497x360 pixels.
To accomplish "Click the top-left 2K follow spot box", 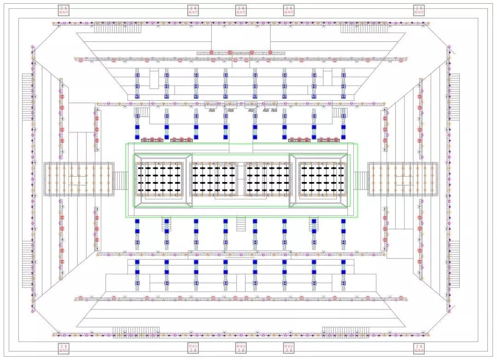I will (64, 11).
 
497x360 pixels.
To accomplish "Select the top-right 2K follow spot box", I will (419, 11).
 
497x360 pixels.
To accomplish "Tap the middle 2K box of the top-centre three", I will (241, 11).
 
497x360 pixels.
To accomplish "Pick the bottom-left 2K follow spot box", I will (64, 349).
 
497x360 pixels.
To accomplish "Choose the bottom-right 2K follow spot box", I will (419, 349).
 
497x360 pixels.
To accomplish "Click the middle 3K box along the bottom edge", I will (241, 349).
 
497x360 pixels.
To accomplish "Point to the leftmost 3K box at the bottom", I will (194, 349).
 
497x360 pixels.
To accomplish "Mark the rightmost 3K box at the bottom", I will (289, 349).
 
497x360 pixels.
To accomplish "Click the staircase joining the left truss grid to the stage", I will (120, 180).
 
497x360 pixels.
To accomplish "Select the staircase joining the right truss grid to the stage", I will (361, 180).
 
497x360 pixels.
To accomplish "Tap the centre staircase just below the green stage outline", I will (241, 224).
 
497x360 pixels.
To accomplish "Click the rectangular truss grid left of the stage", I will (79, 179).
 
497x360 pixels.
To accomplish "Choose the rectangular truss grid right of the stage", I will (403, 179).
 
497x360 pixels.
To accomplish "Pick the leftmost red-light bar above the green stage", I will (152, 139).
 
